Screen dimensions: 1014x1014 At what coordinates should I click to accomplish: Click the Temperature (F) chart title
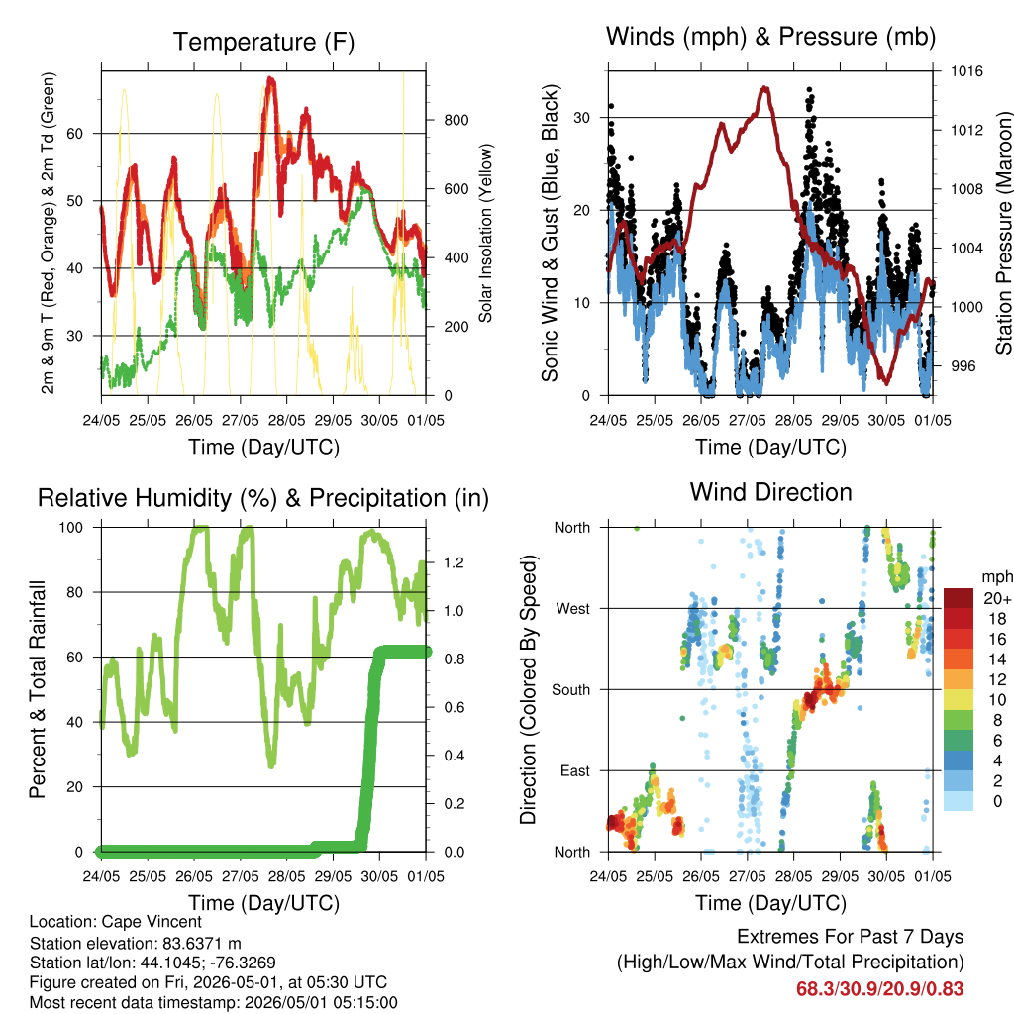click(263, 42)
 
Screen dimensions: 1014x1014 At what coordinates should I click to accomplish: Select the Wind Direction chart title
click(770, 492)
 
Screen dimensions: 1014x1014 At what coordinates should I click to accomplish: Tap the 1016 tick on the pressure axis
click(966, 71)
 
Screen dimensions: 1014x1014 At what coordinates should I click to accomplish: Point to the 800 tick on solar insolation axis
click(456, 120)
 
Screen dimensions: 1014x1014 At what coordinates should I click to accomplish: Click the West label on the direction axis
click(573, 609)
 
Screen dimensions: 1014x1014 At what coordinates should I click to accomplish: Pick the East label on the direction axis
click(575, 770)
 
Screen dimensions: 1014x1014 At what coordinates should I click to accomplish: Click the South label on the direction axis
click(571, 690)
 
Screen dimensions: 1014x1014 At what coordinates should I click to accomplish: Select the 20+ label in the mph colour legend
click(997, 598)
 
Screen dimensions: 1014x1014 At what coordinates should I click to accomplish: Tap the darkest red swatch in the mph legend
click(959, 598)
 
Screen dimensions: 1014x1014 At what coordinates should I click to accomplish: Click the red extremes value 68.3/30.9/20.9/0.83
click(879, 989)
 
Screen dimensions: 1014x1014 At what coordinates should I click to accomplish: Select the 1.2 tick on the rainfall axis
click(454, 562)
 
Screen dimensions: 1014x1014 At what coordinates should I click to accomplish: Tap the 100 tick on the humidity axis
click(71, 528)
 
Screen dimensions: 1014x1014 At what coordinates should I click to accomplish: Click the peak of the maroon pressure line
click(765, 87)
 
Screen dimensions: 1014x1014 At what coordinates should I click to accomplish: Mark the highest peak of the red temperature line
click(270, 79)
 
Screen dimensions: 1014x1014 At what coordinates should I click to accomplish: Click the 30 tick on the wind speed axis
click(581, 118)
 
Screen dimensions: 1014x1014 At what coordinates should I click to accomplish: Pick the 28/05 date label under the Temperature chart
click(286, 420)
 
